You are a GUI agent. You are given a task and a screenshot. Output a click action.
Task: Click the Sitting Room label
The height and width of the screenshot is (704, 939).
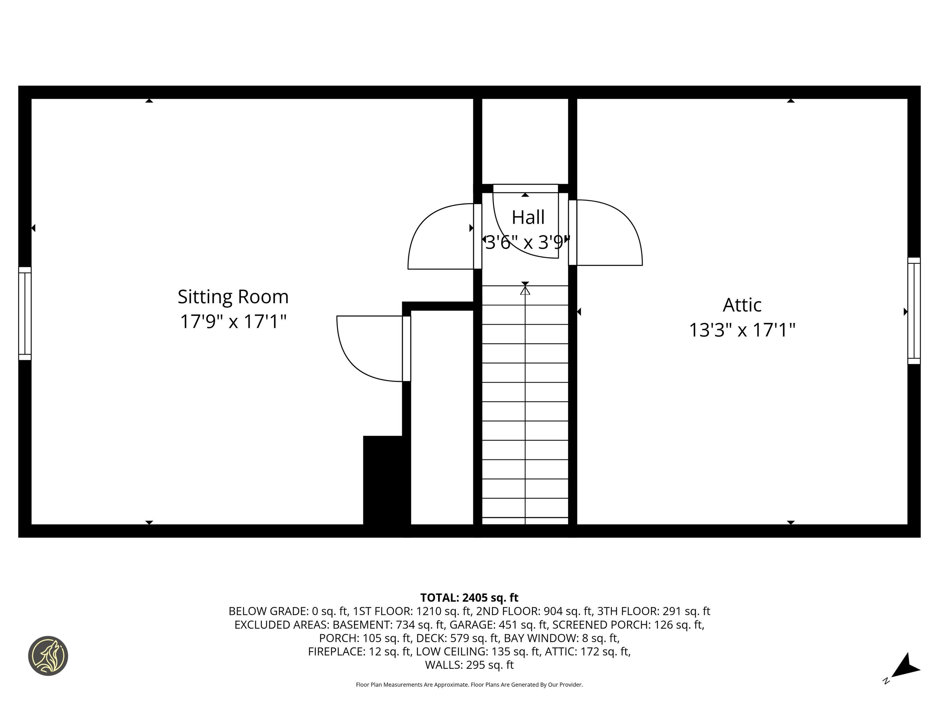233,297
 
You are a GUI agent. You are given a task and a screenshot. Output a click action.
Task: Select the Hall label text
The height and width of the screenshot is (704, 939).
528,217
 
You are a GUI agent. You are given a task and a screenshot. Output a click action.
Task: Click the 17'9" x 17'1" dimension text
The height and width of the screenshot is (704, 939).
233,321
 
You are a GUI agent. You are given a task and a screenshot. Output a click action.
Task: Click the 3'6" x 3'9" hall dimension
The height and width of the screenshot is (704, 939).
527,242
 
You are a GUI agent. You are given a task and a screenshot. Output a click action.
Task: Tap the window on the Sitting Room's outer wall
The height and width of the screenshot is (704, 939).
25,313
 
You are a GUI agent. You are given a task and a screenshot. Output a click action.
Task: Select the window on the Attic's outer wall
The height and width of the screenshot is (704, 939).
914,311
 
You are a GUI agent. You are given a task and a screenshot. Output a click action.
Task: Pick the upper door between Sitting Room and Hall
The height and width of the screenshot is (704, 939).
441,237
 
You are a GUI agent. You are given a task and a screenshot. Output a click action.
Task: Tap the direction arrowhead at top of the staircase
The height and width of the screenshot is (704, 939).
525,290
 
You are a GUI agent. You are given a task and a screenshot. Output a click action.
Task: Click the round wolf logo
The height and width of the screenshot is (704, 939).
48,656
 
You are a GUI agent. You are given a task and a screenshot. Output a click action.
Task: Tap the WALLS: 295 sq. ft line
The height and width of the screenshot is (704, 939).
469,665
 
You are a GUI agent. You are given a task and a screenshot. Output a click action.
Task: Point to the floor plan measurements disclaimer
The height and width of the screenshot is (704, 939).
469,684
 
